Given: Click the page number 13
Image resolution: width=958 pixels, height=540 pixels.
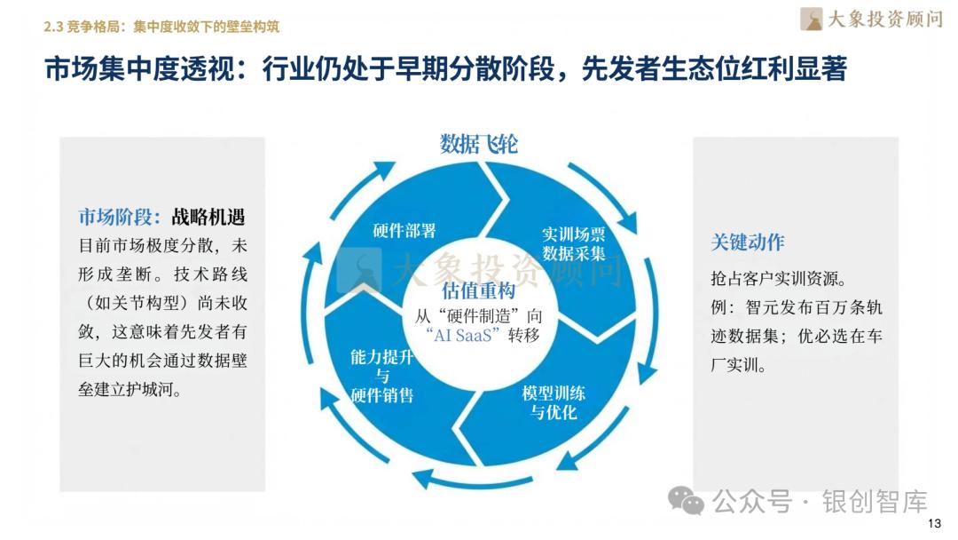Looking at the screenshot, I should (x=933, y=523).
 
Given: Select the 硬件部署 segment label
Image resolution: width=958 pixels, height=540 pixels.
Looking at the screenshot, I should (x=404, y=231).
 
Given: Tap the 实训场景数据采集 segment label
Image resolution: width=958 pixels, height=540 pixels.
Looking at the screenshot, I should (x=573, y=244).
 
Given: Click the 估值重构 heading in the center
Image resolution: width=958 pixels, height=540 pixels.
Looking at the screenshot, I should (x=477, y=291).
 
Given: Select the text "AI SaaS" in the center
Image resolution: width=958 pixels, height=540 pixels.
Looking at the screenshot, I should (x=463, y=335).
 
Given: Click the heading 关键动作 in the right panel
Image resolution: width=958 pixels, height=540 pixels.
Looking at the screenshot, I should (x=747, y=242).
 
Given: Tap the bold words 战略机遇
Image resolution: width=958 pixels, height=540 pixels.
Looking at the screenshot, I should (x=208, y=217).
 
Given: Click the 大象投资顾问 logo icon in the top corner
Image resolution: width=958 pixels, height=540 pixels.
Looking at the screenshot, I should (x=811, y=19).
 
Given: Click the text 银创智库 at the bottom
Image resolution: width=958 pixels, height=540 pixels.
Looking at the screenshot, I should (x=875, y=502).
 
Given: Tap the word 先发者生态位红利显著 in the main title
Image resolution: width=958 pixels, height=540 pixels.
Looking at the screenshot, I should (x=714, y=69).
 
